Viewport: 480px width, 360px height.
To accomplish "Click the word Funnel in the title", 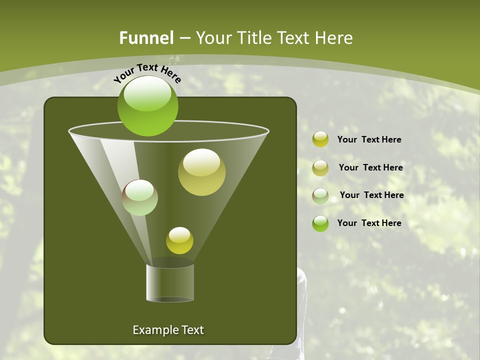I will pos(146,38).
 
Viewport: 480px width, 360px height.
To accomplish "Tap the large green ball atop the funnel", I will pos(147,106).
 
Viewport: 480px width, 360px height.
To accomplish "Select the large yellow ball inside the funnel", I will pos(201,172).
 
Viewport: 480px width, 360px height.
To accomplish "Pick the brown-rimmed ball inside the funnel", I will pos(139,197).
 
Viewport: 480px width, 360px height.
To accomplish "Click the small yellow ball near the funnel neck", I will pos(179,240).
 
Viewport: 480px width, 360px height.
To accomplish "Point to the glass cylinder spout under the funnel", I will pos(170,282).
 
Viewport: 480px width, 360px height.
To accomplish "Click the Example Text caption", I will pos(168,330).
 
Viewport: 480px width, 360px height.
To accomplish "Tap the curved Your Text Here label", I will pos(147,73).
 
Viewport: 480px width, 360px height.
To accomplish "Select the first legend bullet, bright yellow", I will pos(320,139).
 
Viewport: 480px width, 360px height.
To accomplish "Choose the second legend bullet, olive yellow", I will pos(320,168).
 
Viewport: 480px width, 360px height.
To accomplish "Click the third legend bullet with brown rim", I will pos(320,196).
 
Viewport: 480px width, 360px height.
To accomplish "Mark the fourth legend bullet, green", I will pos(320,223).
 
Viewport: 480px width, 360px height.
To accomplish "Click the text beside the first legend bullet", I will pos(369,139).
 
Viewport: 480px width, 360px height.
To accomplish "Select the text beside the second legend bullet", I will pos(370,167).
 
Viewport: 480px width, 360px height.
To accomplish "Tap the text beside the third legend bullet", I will pos(371,195).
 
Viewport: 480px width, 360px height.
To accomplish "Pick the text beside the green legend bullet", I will pos(369,223).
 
